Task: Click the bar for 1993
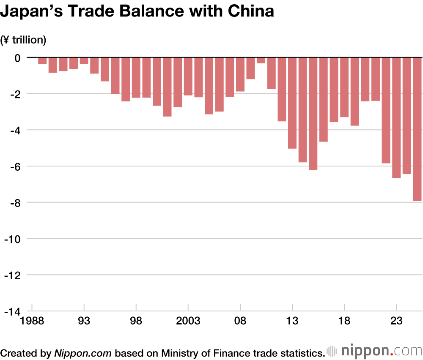pyautogui.click(x=84, y=60)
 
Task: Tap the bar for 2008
pyautogui.click(x=240, y=74)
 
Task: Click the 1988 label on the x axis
pyautogui.click(x=32, y=321)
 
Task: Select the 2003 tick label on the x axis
pyautogui.click(x=188, y=321)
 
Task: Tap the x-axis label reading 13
pyautogui.click(x=292, y=321)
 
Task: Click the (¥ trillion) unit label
pyautogui.click(x=23, y=40)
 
